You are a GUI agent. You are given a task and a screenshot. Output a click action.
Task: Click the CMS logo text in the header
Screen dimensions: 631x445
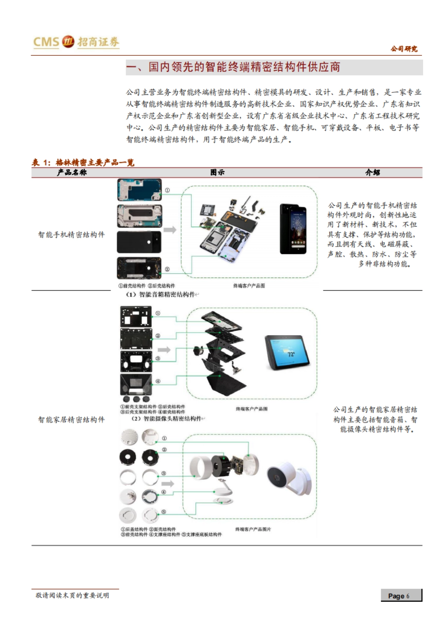[46, 42]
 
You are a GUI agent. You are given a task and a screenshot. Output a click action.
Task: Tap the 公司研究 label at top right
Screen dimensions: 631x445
[403, 49]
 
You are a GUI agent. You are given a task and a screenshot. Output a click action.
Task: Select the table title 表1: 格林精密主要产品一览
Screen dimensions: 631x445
[83, 163]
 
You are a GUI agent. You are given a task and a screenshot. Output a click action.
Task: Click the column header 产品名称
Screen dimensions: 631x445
[72, 172]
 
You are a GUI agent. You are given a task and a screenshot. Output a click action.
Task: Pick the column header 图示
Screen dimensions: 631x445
[217, 172]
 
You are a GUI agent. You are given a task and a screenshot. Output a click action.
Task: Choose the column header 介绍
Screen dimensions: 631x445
[372, 172]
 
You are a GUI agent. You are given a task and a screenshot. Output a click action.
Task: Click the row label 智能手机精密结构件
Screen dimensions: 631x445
[72, 235]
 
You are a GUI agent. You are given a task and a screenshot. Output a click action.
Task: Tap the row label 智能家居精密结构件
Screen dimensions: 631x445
[72, 420]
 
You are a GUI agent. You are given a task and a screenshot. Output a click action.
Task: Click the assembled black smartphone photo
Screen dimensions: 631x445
[293, 229]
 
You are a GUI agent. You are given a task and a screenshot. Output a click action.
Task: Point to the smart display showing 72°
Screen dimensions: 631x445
[287, 353]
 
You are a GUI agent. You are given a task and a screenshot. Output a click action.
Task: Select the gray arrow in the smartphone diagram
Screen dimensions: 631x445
[170, 230]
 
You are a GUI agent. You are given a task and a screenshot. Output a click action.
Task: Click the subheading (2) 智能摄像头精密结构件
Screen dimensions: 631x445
[168, 419]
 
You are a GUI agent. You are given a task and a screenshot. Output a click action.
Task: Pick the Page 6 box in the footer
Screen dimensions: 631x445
[401, 596]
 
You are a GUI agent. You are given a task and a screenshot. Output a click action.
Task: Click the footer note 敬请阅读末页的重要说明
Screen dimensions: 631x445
[72, 595]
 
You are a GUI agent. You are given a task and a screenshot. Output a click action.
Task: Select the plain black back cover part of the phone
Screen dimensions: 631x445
[139, 242]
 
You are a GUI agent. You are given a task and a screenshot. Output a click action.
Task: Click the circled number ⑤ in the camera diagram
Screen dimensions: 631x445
[164, 512]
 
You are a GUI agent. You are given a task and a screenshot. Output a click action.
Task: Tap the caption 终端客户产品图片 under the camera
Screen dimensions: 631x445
[253, 529]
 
